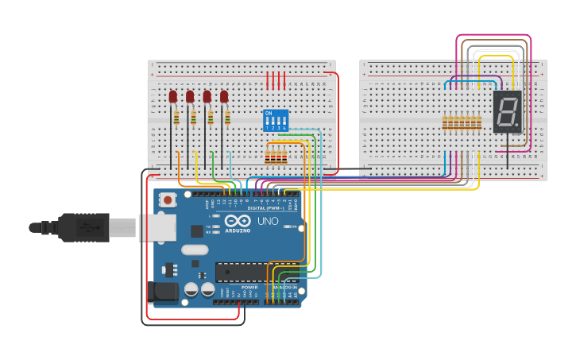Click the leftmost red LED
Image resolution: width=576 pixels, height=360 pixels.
[x=172, y=97]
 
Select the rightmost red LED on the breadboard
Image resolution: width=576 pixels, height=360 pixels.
[x=224, y=97]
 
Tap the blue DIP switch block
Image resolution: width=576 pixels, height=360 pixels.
[x=275, y=120]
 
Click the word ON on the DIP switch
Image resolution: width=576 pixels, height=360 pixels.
[x=268, y=114]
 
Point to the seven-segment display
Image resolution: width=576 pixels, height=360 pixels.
[x=507, y=111]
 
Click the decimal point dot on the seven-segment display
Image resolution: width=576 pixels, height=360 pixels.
[x=517, y=125]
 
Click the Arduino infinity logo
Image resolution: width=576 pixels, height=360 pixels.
[x=238, y=221]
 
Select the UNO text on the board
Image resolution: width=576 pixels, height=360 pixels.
[x=268, y=221]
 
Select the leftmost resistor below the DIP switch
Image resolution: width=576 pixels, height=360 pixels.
[x=268, y=157]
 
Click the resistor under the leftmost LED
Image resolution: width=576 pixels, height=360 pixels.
[x=176, y=118]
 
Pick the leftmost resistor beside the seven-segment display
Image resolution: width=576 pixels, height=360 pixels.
[x=446, y=122]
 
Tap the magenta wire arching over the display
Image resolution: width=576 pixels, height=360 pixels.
[x=493, y=36]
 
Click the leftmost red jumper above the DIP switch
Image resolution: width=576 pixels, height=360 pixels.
[x=268, y=80]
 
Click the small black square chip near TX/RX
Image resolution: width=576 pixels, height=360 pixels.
[x=196, y=231]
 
